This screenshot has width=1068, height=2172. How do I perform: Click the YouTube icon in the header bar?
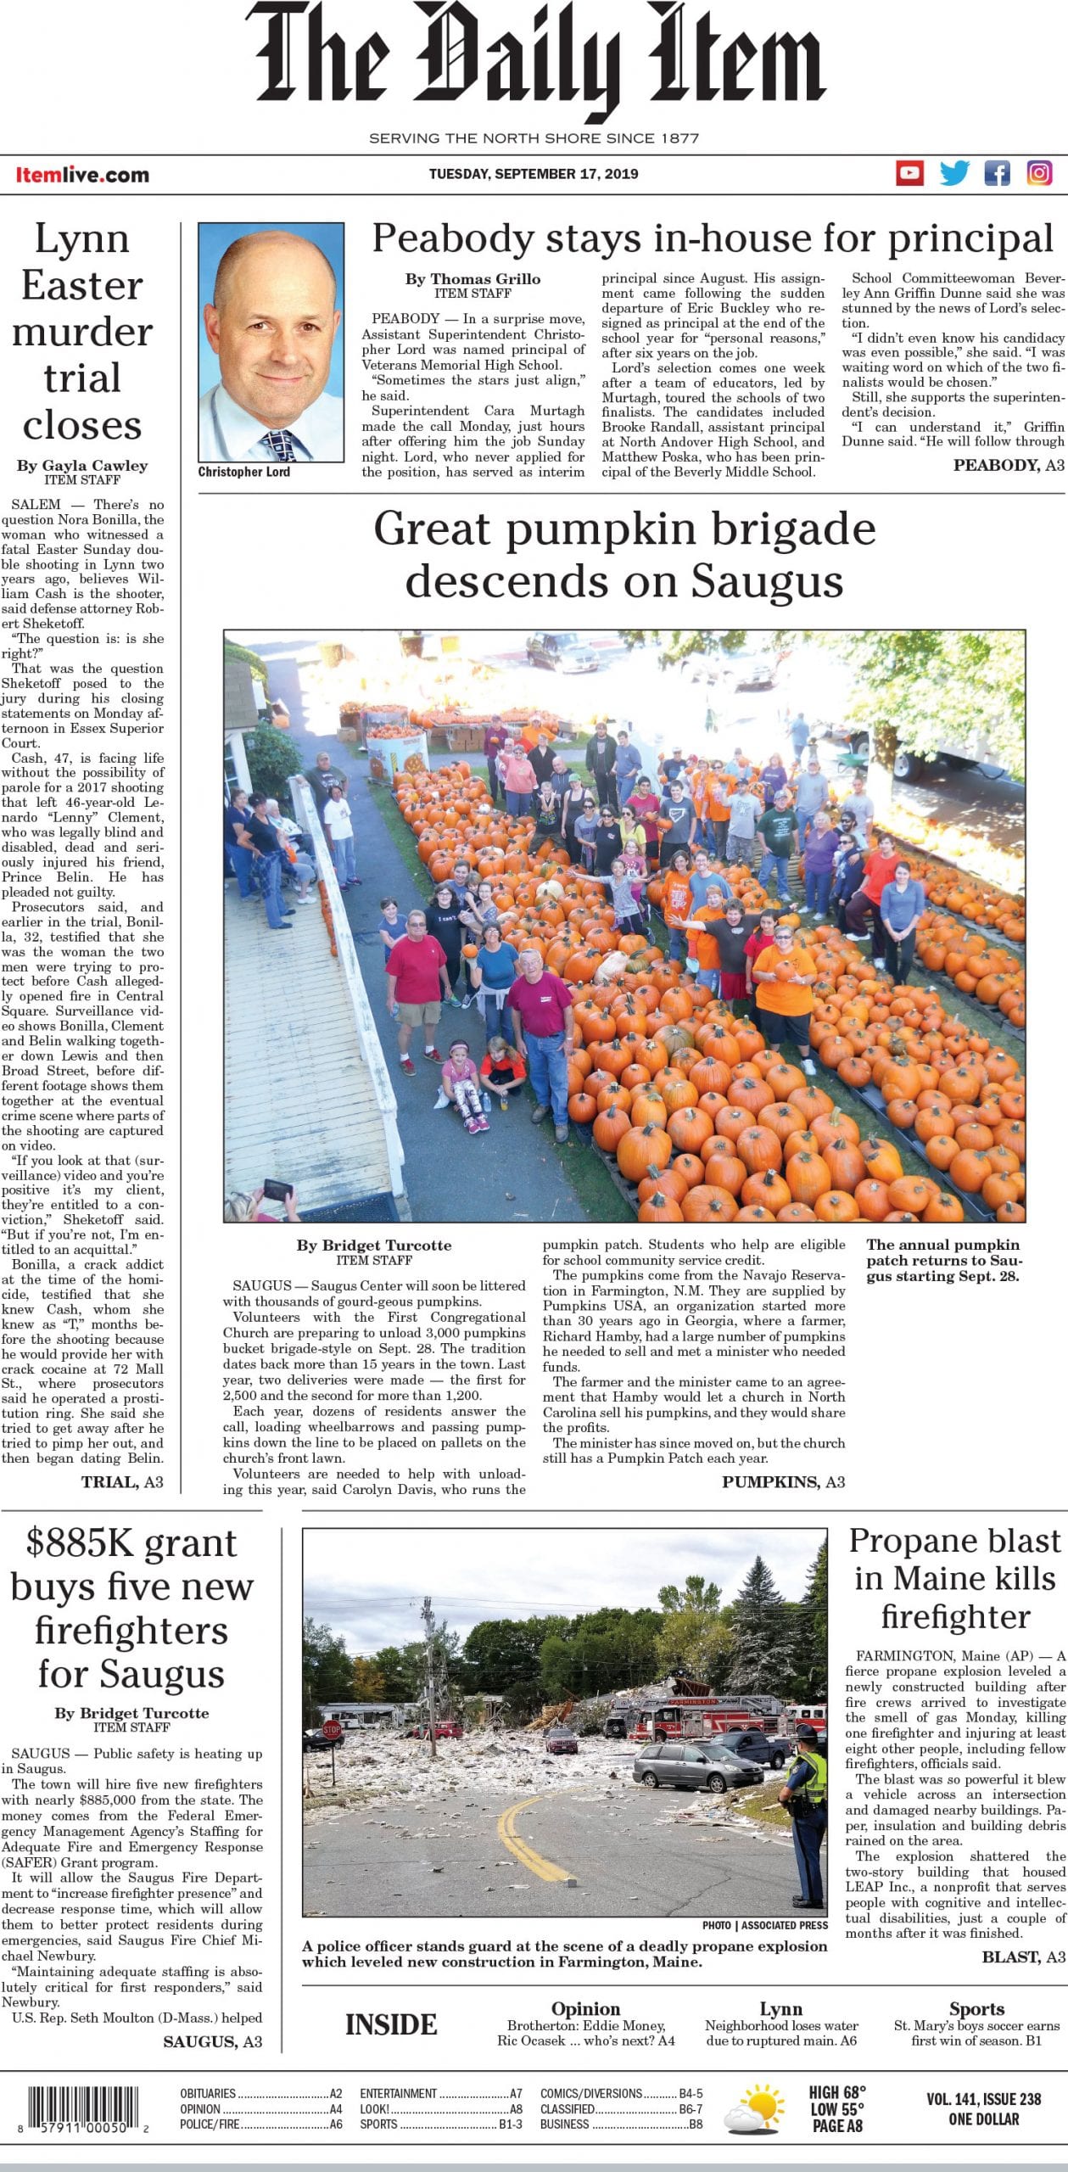point(909,173)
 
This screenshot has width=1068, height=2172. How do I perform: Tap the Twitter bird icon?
point(953,173)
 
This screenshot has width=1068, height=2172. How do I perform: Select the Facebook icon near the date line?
point(997,173)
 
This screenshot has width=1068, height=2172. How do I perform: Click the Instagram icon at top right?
point(1040,173)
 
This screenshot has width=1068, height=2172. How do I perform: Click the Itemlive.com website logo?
point(82,175)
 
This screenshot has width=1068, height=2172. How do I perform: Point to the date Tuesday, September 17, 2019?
point(533,174)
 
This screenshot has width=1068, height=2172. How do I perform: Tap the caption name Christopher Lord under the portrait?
point(243,472)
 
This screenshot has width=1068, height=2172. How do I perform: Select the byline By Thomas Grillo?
point(472,278)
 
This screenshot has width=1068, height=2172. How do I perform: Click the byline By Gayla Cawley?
point(82,465)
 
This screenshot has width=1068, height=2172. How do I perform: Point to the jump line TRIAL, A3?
point(122,1481)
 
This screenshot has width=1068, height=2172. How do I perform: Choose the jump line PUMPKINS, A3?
point(783,1481)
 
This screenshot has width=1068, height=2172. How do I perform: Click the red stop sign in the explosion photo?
point(332,1727)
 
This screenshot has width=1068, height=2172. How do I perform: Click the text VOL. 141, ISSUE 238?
point(983,2091)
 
